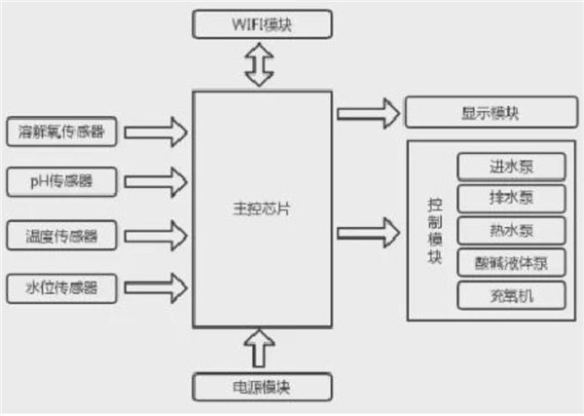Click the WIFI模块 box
[264, 22]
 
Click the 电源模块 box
[263, 386]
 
